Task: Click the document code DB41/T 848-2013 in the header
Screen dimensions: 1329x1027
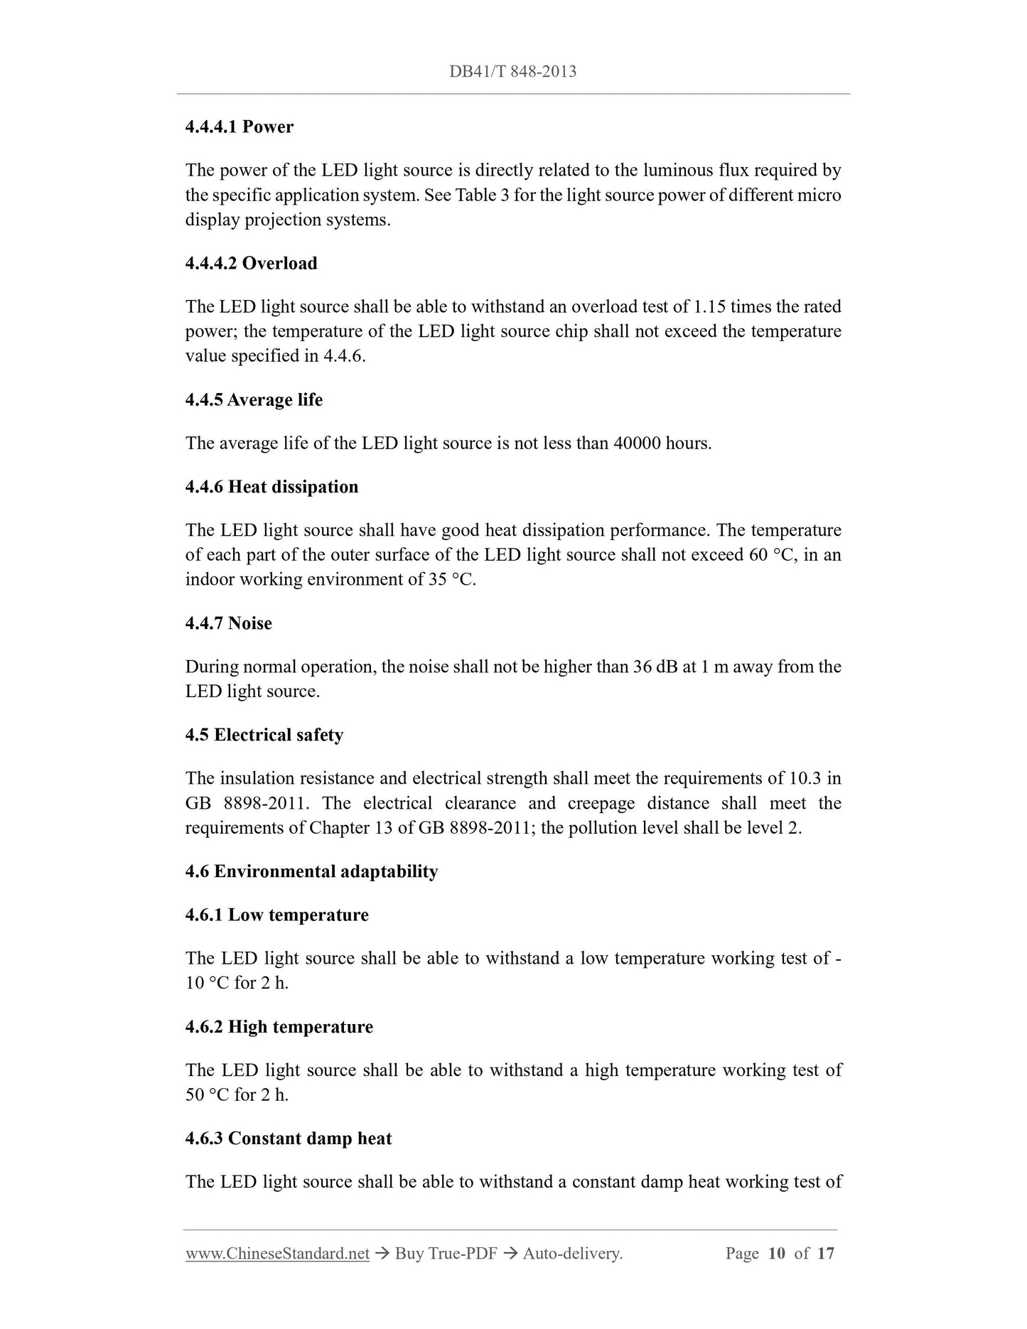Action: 512,71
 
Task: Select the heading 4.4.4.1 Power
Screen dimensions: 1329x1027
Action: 239,127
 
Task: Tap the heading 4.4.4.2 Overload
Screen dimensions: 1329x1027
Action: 251,263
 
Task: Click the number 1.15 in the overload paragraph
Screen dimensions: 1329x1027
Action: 709,306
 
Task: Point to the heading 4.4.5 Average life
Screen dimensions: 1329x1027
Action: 254,399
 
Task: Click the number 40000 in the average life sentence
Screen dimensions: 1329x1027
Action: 636,443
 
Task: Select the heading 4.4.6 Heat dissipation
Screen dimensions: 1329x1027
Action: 271,486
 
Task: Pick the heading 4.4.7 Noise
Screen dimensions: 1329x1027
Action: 228,623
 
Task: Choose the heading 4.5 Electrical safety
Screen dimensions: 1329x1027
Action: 264,734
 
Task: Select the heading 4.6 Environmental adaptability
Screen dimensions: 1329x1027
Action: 311,871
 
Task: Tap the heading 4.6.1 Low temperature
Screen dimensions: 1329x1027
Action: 276,914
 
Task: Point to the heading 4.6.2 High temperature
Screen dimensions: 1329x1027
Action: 279,1026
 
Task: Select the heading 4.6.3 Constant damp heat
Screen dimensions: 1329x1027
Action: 288,1138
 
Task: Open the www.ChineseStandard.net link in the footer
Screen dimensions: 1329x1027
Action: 277,1253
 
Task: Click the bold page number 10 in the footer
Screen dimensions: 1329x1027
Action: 776,1253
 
